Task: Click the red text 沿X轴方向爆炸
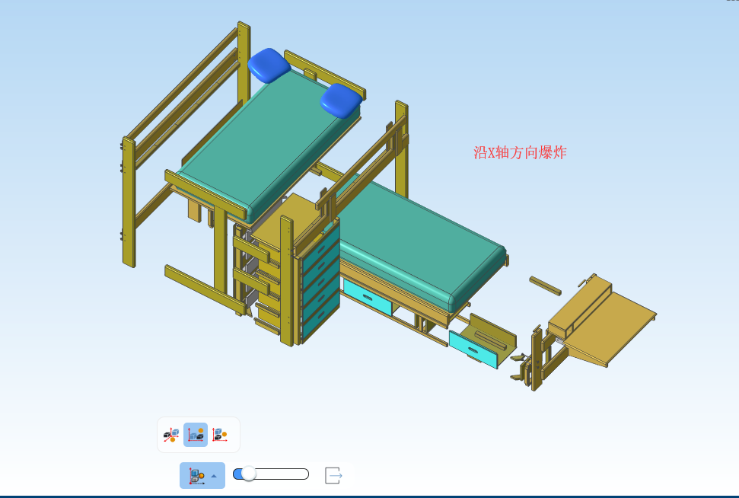(x=520, y=153)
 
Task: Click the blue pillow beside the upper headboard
(x=269, y=65)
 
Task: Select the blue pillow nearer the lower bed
(x=341, y=101)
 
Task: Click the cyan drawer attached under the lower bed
(x=367, y=297)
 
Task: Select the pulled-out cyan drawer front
(x=473, y=350)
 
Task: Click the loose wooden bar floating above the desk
(x=545, y=286)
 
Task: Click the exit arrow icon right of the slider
(x=333, y=475)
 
